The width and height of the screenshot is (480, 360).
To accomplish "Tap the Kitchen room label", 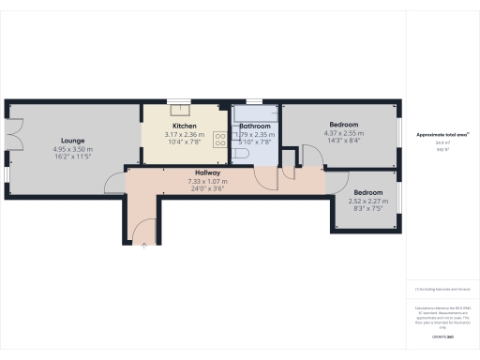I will (184, 127).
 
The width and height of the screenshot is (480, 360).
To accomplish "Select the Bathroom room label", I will (254, 127).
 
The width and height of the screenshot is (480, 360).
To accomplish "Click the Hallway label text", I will (207, 173).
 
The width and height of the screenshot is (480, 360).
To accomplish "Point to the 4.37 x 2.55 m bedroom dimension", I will (343, 134).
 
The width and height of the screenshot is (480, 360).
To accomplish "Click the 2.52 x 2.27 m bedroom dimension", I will (367, 200).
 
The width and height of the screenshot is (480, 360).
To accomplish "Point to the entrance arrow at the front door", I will (143, 246).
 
